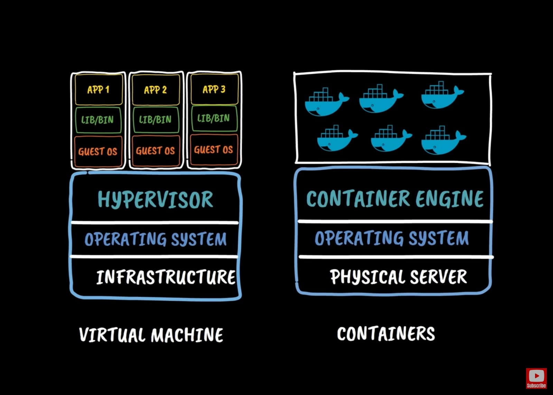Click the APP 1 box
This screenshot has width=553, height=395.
pos(99,90)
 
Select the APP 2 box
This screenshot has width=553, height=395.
pos(156,90)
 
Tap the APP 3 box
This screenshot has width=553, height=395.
pos(214,89)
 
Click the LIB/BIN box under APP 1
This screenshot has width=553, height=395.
pos(98,120)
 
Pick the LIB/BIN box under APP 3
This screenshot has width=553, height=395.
pos(214,118)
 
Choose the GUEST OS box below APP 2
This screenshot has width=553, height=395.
pos(156,151)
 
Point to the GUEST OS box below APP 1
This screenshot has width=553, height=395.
pos(98,151)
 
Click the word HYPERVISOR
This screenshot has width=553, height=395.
pos(156,200)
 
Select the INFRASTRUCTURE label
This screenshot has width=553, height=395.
pos(166,277)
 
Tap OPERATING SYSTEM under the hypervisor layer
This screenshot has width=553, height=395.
pos(156,239)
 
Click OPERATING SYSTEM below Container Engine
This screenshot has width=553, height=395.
pos(392,238)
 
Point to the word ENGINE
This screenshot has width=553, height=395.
pos(449,199)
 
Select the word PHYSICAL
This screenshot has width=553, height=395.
pos(367,277)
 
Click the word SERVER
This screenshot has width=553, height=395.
pos(438,277)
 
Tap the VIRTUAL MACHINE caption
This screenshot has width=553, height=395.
pos(151,335)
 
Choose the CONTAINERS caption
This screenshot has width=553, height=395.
pos(386,334)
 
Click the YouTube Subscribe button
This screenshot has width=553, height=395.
pos(536,378)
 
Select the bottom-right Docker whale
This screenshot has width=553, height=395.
pos(442,140)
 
